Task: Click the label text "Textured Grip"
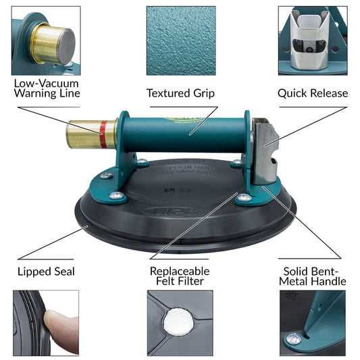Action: tap(180, 93)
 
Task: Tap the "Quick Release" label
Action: tap(313, 93)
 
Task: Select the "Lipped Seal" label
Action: tap(46, 272)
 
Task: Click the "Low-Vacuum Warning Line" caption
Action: tap(47, 88)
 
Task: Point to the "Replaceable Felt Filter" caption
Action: tap(180, 276)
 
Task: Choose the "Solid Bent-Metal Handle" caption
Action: tap(313, 276)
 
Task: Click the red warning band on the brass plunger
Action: tap(103, 134)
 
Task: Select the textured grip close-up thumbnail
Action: tap(181, 41)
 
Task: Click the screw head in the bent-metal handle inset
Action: tap(293, 339)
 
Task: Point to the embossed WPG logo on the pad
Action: tap(172, 211)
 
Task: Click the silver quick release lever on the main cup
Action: tap(265, 151)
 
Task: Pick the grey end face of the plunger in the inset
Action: tap(66, 46)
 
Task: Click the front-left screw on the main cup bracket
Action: tap(117, 196)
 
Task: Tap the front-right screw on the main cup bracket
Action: tap(244, 197)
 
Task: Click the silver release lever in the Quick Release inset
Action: tap(310, 41)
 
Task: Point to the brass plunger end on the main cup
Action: tap(92, 135)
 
